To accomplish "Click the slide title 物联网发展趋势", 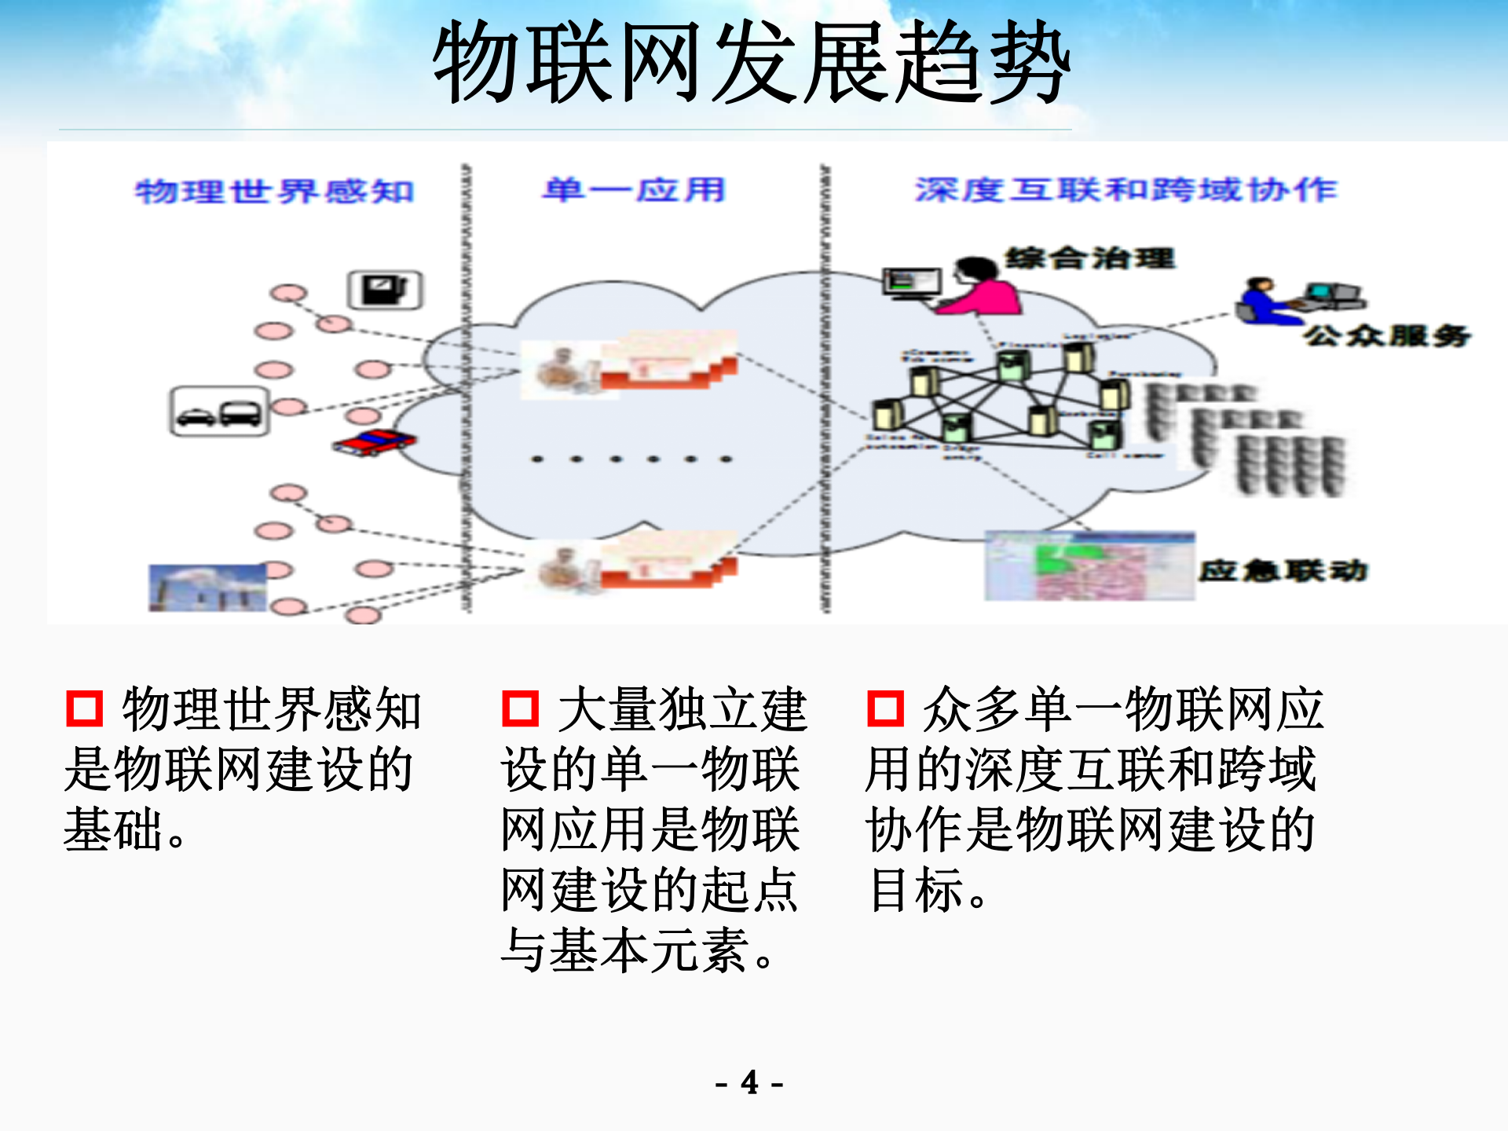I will (x=752, y=63).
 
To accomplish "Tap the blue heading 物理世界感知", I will (x=275, y=191).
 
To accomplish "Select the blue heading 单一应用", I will (x=633, y=189).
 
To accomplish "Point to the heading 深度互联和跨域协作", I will (x=1126, y=189).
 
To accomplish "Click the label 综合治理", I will (x=1090, y=258).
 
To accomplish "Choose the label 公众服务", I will (x=1387, y=336).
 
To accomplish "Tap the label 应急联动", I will (x=1283, y=570).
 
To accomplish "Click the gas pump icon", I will (x=385, y=290).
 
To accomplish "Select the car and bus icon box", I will (x=219, y=411).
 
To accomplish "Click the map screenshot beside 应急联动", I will (x=1089, y=566).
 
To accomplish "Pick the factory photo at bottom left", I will (x=208, y=587).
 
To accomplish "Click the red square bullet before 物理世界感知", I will (x=84, y=708).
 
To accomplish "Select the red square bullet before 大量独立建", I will (x=520, y=708).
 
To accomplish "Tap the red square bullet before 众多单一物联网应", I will (x=885, y=708).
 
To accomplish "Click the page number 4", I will (x=750, y=1082).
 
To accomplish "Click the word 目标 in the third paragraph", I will (x=916, y=890).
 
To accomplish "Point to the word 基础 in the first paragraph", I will (x=114, y=829).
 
